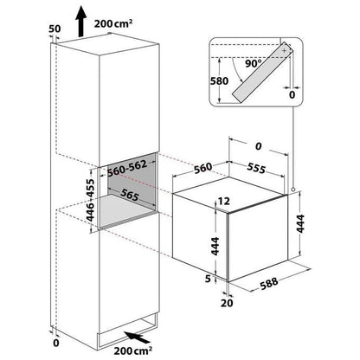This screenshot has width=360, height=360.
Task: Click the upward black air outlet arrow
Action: pos(81,22)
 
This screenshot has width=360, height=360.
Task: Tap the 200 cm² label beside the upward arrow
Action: pos(113,23)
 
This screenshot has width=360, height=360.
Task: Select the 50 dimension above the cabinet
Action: pos(55,29)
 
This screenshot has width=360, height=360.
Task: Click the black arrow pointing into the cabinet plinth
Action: pos(137,337)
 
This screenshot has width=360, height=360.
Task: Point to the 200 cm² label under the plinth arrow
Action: pos(133,350)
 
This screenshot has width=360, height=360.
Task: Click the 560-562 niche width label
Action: pos(127,168)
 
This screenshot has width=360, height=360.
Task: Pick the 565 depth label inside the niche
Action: pos(130,195)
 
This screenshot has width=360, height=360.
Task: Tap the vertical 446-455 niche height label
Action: pos(91,200)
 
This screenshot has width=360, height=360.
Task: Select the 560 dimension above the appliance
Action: pos(202,168)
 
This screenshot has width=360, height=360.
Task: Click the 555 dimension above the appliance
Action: pos(256,168)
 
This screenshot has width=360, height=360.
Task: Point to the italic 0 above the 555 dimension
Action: pos(259,146)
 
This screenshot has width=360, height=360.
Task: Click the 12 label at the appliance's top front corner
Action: pos(224,201)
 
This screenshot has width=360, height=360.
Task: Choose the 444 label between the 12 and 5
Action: pos(215,246)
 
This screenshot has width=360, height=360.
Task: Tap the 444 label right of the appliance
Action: pos(300,223)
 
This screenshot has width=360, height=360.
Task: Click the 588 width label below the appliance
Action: pos(269,283)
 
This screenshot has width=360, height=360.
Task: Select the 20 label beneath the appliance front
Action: pos(227,303)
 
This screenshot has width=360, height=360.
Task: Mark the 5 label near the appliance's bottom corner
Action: pos(208,279)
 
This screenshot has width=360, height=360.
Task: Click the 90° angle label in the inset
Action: pos(254,63)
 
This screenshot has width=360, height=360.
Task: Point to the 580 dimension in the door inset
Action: pos(219,81)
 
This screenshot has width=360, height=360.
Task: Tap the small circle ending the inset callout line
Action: pos(293,190)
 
